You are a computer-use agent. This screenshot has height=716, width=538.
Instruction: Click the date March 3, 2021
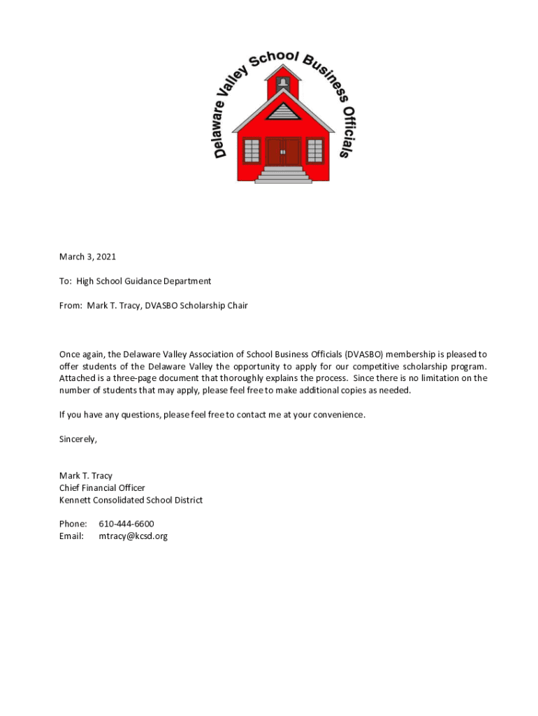87,257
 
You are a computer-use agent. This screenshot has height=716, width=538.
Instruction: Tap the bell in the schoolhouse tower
283,83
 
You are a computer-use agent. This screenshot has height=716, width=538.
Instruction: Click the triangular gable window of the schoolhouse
283,111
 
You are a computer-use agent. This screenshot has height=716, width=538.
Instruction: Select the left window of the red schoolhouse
252,150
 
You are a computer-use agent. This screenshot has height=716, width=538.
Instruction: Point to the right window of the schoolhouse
315,150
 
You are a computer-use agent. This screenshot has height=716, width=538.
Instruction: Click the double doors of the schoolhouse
283,152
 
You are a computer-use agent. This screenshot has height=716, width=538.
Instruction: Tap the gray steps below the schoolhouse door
283,175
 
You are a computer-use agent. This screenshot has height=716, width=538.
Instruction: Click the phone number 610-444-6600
126,524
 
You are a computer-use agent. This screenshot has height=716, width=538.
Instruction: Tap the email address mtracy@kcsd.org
133,536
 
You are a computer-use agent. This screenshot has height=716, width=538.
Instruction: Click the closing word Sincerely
78,439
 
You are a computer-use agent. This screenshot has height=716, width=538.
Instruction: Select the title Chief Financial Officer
102,487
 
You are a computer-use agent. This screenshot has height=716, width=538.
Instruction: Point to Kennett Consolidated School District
131,500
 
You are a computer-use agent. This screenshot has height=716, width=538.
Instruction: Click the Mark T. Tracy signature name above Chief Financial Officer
85,475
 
